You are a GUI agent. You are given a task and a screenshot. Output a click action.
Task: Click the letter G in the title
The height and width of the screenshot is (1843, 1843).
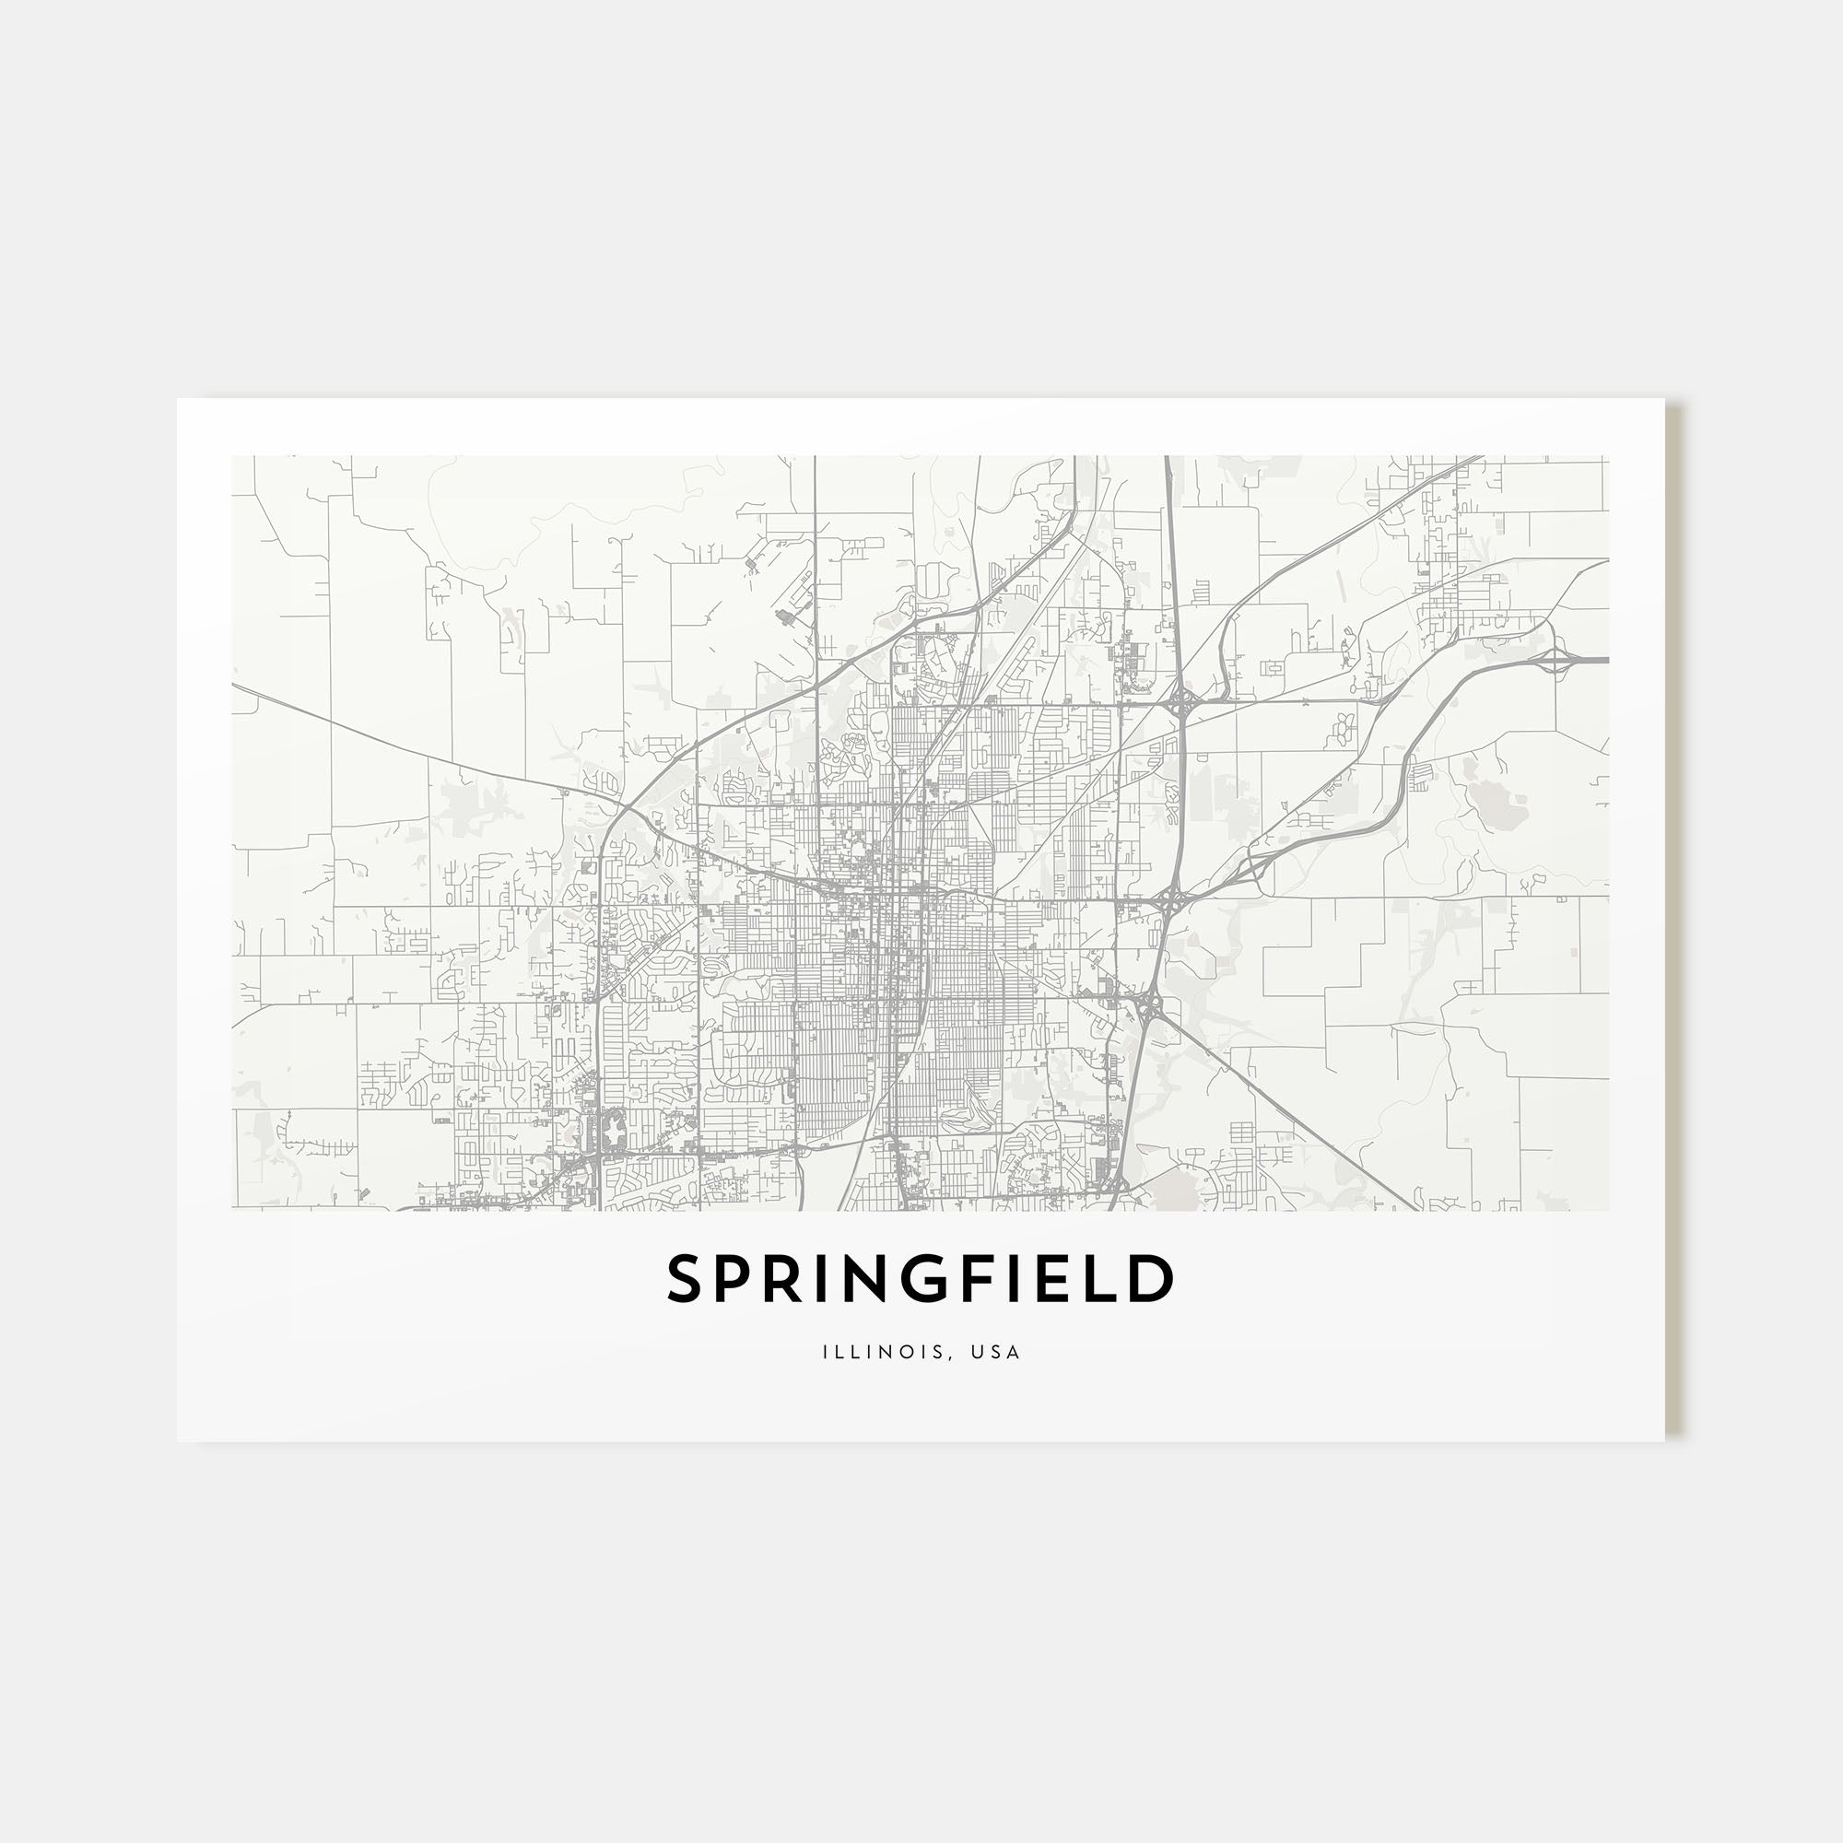948,1279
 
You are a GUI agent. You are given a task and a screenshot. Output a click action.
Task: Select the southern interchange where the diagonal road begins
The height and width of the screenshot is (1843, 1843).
1148,1005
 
